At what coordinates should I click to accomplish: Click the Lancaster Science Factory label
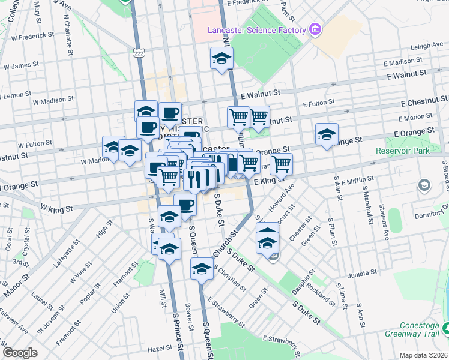(x=257, y=30)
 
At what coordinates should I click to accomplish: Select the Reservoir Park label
(x=403, y=151)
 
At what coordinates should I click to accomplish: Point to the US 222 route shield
(x=139, y=53)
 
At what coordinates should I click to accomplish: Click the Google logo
(x=20, y=352)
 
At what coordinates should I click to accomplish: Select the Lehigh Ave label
(x=411, y=46)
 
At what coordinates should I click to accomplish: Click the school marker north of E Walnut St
(x=221, y=59)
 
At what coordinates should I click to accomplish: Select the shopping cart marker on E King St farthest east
(x=280, y=164)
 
